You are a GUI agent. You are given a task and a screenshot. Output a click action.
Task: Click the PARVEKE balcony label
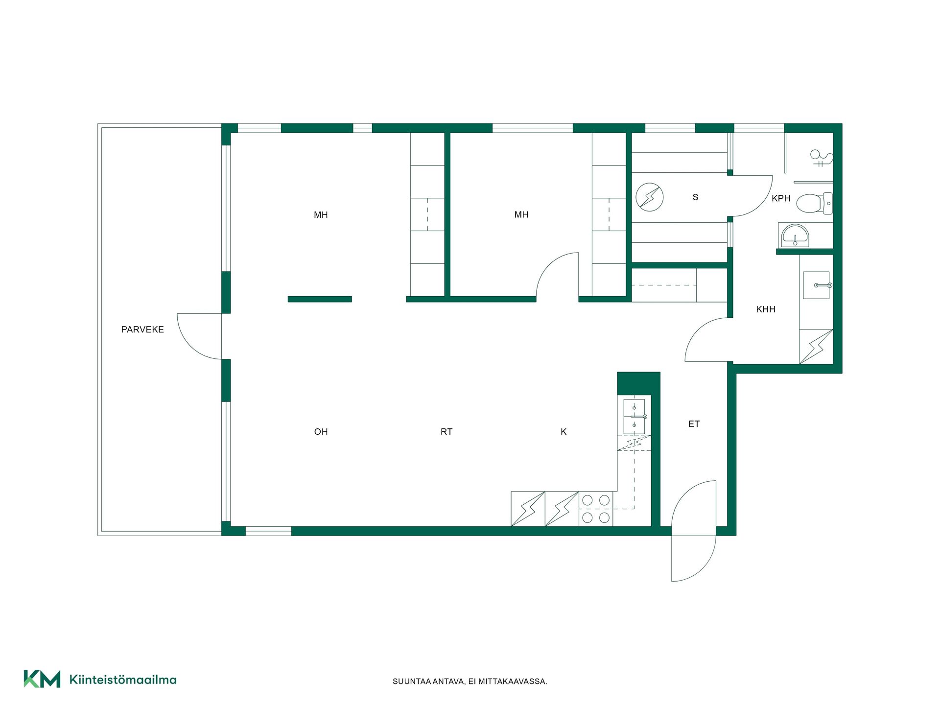(142, 329)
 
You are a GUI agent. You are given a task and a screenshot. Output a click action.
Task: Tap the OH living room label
(321, 431)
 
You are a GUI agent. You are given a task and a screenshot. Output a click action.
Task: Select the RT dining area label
(446, 431)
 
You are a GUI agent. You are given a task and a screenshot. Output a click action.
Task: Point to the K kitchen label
(564, 431)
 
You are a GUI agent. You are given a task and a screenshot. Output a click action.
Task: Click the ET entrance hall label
(694, 424)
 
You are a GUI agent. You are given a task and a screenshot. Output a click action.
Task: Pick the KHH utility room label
(766, 309)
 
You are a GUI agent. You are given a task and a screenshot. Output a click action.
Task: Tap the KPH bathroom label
(781, 198)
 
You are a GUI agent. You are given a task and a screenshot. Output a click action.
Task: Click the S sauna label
(695, 197)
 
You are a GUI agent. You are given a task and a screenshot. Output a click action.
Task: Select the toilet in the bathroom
(814, 203)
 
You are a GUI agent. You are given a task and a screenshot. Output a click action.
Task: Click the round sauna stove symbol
(650, 197)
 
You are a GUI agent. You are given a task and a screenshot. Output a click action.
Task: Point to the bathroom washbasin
(795, 235)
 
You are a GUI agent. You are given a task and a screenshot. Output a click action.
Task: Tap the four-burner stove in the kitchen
(596, 509)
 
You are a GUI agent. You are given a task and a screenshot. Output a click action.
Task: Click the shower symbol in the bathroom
(822, 158)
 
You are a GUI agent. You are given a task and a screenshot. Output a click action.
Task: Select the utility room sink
(817, 285)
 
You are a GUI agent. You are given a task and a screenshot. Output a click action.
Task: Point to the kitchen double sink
(634, 417)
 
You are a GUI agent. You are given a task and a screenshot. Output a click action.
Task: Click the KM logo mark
(42, 679)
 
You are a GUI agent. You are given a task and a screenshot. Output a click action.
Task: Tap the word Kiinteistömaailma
(123, 680)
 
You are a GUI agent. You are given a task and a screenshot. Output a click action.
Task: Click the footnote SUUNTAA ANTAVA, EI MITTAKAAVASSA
(470, 681)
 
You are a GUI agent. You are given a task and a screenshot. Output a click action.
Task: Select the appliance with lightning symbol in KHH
(816, 347)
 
